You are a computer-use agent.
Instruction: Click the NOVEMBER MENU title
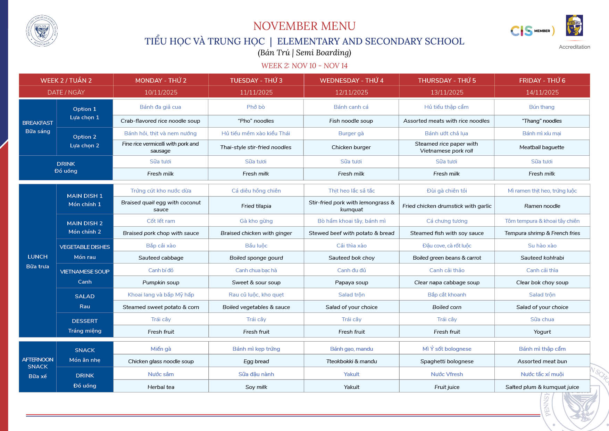tap(304, 26)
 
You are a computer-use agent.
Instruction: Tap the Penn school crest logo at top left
tap(42, 31)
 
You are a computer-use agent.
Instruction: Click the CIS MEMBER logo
tap(532, 31)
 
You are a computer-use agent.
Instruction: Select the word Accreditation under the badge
tap(574, 47)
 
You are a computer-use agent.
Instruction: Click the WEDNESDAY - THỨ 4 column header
tap(351, 80)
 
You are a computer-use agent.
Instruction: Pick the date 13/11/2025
tap(447, 92)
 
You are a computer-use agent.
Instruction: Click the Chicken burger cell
tap(351, 147)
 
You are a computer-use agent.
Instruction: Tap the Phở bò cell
tap(256, 107)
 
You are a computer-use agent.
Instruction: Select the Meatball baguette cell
tap(542, 147)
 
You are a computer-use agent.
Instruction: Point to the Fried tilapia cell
tap(256, 206)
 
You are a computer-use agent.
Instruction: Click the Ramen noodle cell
tap(542, 206)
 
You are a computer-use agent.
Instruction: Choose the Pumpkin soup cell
tap(161, 283)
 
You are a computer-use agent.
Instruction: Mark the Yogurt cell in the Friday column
tap(542, 332)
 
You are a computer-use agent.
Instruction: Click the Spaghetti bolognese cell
tap(447, 361)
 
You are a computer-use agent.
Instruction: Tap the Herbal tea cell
tap(161, 387)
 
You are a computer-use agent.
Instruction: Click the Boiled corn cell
tap(447, 307)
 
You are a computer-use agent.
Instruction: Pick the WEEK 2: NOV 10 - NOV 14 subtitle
tap(304, 66)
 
